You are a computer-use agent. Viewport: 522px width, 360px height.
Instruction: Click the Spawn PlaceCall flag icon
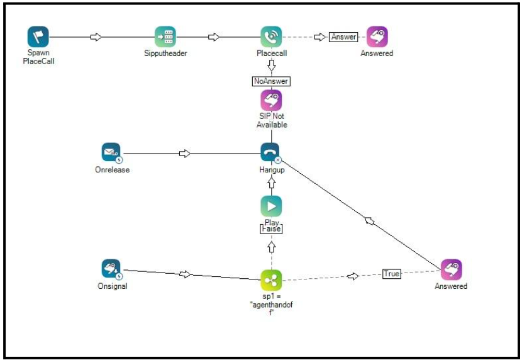[x=38, y=37]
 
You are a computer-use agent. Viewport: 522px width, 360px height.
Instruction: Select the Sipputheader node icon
[x=165, y=37]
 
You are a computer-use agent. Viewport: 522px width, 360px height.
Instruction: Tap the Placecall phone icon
[x=271, y=37]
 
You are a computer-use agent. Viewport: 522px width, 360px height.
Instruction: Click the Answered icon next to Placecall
[x=377, y=37]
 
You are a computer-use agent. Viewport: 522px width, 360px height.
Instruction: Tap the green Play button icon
[x=271, y=206]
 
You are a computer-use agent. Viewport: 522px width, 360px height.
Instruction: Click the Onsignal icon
[x=111, y=269]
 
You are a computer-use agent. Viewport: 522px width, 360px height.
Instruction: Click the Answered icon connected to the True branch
[x=451, y=269]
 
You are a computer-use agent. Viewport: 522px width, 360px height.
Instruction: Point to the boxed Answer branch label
[x=344, y=37]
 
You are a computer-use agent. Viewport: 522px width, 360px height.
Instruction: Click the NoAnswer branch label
[x=271, y=81]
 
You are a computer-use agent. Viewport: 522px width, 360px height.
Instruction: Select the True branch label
[x=392, y=274]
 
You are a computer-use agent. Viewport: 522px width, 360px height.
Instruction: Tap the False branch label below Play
[x=271, y=229]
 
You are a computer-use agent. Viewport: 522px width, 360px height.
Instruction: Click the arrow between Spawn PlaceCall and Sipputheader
[x=96, y=37]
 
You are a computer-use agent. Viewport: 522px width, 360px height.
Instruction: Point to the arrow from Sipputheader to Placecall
[x=214, y=37]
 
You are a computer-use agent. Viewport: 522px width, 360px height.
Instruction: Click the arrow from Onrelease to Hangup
[x=185, y=153]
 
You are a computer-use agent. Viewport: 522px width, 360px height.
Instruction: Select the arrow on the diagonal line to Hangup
[x=370, y=220]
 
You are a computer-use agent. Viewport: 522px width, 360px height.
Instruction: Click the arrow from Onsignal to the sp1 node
[x=185, y=274]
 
